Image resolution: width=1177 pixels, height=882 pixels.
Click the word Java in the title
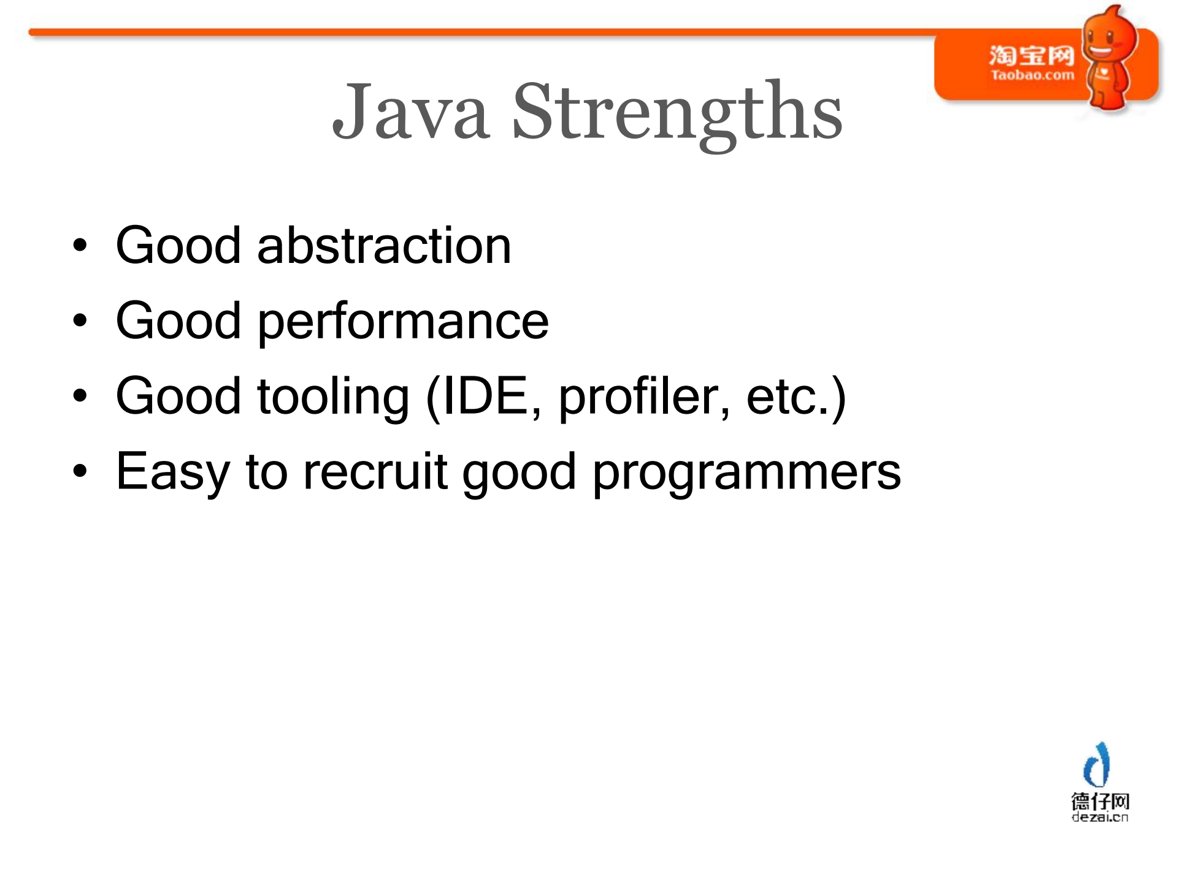tap(410, 111)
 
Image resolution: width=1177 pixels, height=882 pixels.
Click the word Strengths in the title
tap(678, 115)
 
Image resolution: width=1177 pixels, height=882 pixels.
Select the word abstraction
tap(384, 245)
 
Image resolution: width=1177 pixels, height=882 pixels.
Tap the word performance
tap(403, 322)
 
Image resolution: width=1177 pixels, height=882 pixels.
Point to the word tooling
tap(333, 398)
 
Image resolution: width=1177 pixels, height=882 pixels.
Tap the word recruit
tap(375, 471)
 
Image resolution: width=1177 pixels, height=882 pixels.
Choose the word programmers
tap(746, 473)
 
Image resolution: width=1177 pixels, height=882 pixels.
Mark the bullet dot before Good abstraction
tap(80, 246)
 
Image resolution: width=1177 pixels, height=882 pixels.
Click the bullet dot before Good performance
tap(80, 321)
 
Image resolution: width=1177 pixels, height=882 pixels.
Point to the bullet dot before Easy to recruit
tap(80, 471)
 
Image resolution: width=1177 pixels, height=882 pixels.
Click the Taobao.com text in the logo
tap(1032, 75)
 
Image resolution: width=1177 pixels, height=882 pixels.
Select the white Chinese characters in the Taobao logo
tap(1032, 56)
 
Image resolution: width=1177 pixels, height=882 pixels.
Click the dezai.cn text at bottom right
tap(1100, 817)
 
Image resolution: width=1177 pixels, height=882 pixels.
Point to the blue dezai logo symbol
tap(1097, 764)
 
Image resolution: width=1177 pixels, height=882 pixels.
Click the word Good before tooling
tap(178, 397)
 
